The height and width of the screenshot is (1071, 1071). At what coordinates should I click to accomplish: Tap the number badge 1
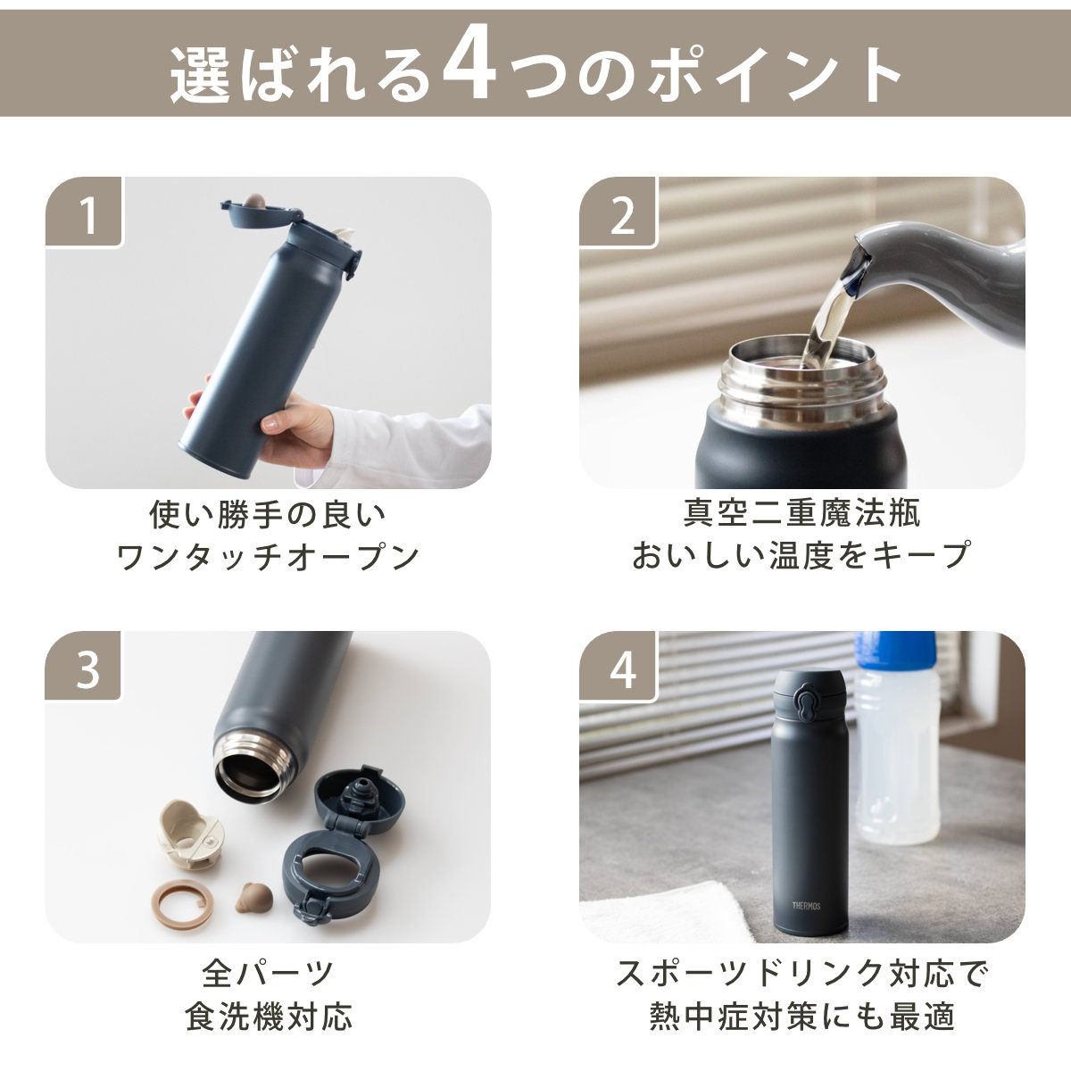[x=87, y=214]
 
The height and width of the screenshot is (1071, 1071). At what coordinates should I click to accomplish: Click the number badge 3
[x=87, y=669]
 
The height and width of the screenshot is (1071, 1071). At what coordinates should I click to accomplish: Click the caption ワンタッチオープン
[x=268, y=557]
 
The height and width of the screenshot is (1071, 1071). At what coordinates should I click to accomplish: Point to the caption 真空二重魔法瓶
[x=801, y=512]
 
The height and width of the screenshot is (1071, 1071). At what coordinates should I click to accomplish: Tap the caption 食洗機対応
[x=268, y=1016]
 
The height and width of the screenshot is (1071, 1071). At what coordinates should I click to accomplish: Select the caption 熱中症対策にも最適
[x=801, y=1016]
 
